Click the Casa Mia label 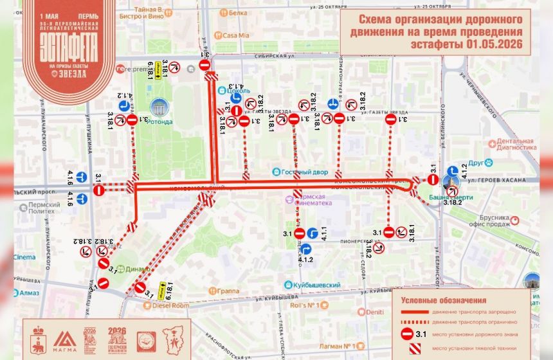point(235,36)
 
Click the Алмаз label point(28,292)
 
